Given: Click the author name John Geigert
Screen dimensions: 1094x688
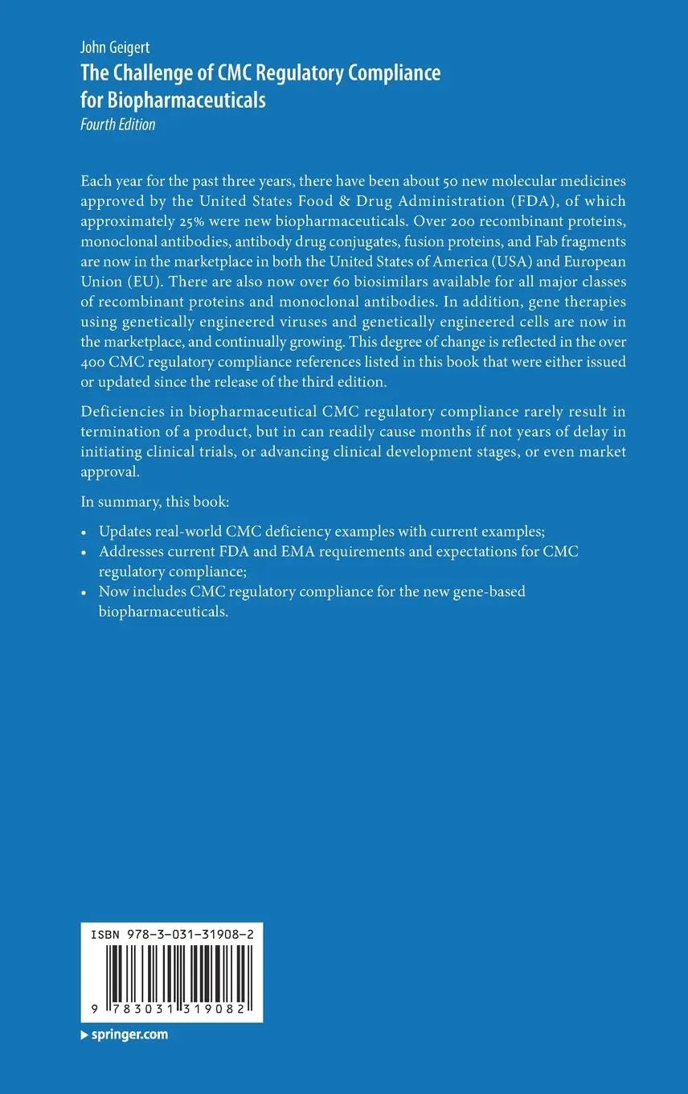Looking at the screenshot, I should [x=114, y=49].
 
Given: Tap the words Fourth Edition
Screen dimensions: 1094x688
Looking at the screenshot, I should [x=117, y=125].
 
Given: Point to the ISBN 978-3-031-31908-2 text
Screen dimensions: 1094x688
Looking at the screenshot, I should [x=173, y=935].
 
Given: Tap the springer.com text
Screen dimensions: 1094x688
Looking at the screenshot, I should [x=128, y=1034].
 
